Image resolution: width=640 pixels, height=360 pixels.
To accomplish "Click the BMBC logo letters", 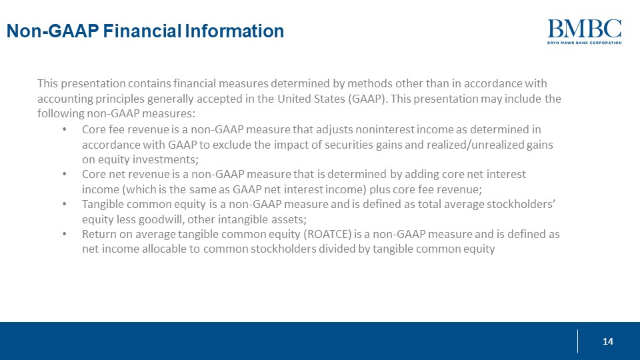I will pyautogui.click(x=584, y=28).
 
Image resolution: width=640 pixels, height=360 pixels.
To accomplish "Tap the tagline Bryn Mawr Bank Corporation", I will pyautogui.click(x=584, y=42).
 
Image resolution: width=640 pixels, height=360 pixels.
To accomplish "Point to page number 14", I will pyautogui.click(x=607, y=341).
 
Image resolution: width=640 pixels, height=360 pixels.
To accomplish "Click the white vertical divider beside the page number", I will pyautogui.click(x=577, y=341).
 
